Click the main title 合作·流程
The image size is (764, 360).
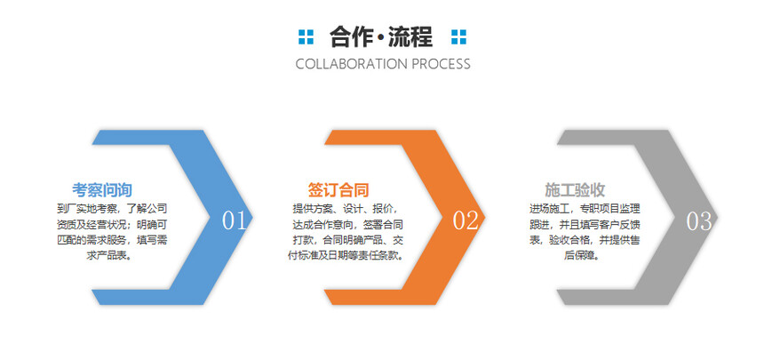click(381, 37)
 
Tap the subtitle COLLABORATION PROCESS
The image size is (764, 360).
click(383, 64)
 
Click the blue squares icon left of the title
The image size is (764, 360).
click(306, 37)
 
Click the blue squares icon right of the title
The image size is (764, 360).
click(458, 37)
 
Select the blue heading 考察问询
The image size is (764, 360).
click(102, 189)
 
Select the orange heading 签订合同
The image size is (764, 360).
click(338, 189)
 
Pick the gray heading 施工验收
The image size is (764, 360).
click(575, 189)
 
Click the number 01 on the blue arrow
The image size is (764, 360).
click(235, 221)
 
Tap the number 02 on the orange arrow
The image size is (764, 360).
click(466, 221)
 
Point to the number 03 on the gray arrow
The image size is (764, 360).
click(699, 221)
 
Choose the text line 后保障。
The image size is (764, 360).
click(583, 256)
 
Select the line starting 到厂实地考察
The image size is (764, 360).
click(112, 209)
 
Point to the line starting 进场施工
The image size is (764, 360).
click(585, 209)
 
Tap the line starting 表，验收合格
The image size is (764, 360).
click(585, 240)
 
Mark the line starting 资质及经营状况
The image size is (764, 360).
click(112, 225)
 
